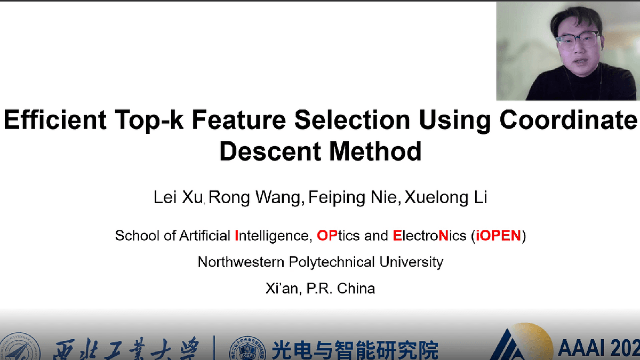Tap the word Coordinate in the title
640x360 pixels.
pyautogui.click(x=569, y=121)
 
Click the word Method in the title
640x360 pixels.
pyautogui.click(x=375, y=151)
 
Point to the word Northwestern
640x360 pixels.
pyautogui.click(x=241, y=262)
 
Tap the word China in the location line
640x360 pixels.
pyautogui.click(x=356, y=289)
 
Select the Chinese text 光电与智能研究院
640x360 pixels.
pyautogui.click(x=355, y=350)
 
